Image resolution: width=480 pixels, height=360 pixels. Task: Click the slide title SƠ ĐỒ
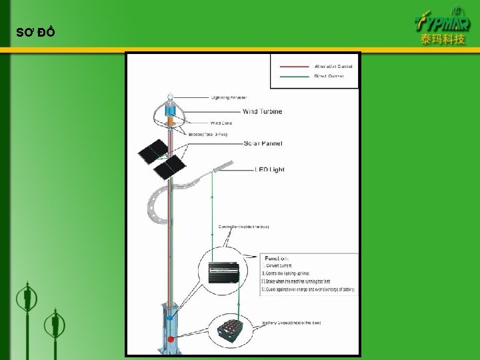pyautogui.click(x=35, y=33)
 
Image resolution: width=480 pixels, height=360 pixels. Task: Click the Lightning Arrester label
pyautogui.click(x=229, y=98)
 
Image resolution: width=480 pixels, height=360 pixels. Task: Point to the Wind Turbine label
pyautogui.click(x=262, y=111)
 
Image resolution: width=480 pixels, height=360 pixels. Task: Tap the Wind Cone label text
pyautogui.click(x=221, y=123)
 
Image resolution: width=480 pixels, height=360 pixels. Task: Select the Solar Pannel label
pyautogui.click(x=263, y=143)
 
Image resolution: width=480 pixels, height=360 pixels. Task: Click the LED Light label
pyautogui.click(x=269, y=169)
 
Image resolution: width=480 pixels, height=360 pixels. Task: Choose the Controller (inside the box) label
pyautogui.click(x=243, y=227)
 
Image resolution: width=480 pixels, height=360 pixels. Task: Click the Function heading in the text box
pyautogui.click(x=277, y=258)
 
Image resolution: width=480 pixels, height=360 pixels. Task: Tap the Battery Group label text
pyautogui.click(x=291, y=323)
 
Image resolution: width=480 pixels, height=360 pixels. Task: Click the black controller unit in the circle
pyautogui.click(x=224, y=271)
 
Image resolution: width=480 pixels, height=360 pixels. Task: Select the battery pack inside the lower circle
pyautogui.click(x=230, y=328)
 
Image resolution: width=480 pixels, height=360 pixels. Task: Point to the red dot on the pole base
pyautogui.click(x=171, y=339)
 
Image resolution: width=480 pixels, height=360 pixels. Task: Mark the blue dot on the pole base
pyautogui.click(x=171, y=319)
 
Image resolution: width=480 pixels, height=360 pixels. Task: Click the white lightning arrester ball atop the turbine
pyautogui.click(x=171, y=99)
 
